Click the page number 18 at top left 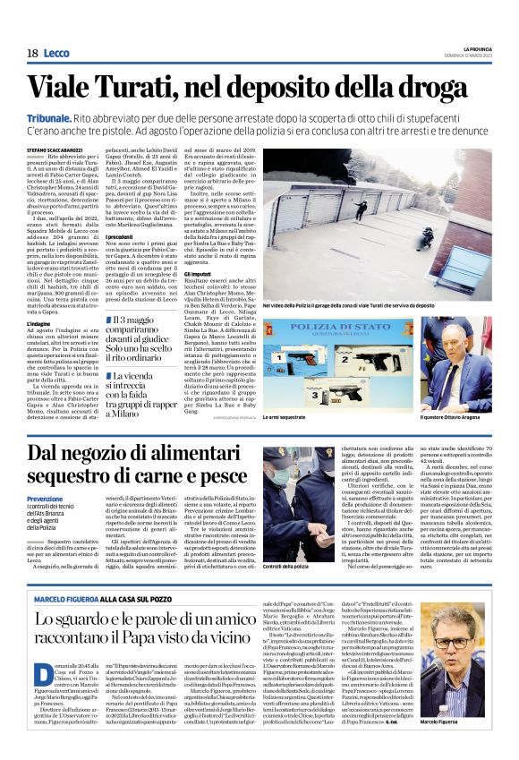point(31,53)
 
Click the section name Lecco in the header point(58,53)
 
